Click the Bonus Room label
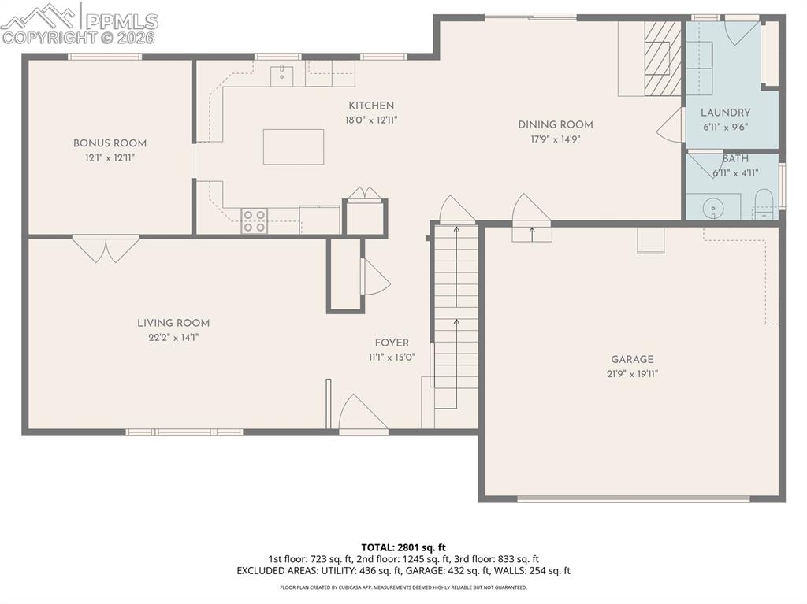click(x=110, y=143)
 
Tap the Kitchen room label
click(x=371, y=106)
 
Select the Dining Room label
click(x=556, y=124)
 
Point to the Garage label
click(x=632, y=360)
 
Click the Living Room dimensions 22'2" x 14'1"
click(x=173, y=338)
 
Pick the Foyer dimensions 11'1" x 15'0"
click(x=392, y=358)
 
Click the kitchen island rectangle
click(x=293, y=147)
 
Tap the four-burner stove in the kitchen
click(x=255, y=220)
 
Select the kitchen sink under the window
click(x=282, y=76)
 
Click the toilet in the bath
click(x=763, y=204)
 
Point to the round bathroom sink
click(x=712, y=209)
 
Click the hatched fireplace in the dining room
click(x=662, y=58)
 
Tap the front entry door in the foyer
click(x=363, y=415)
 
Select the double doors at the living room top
click(x=106, y=249)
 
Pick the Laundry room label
click(x=725, y=112)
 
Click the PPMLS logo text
click(x=122, y=21)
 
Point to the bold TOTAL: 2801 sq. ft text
click(x=403, y=547)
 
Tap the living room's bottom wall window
click(x=184, y=432)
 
